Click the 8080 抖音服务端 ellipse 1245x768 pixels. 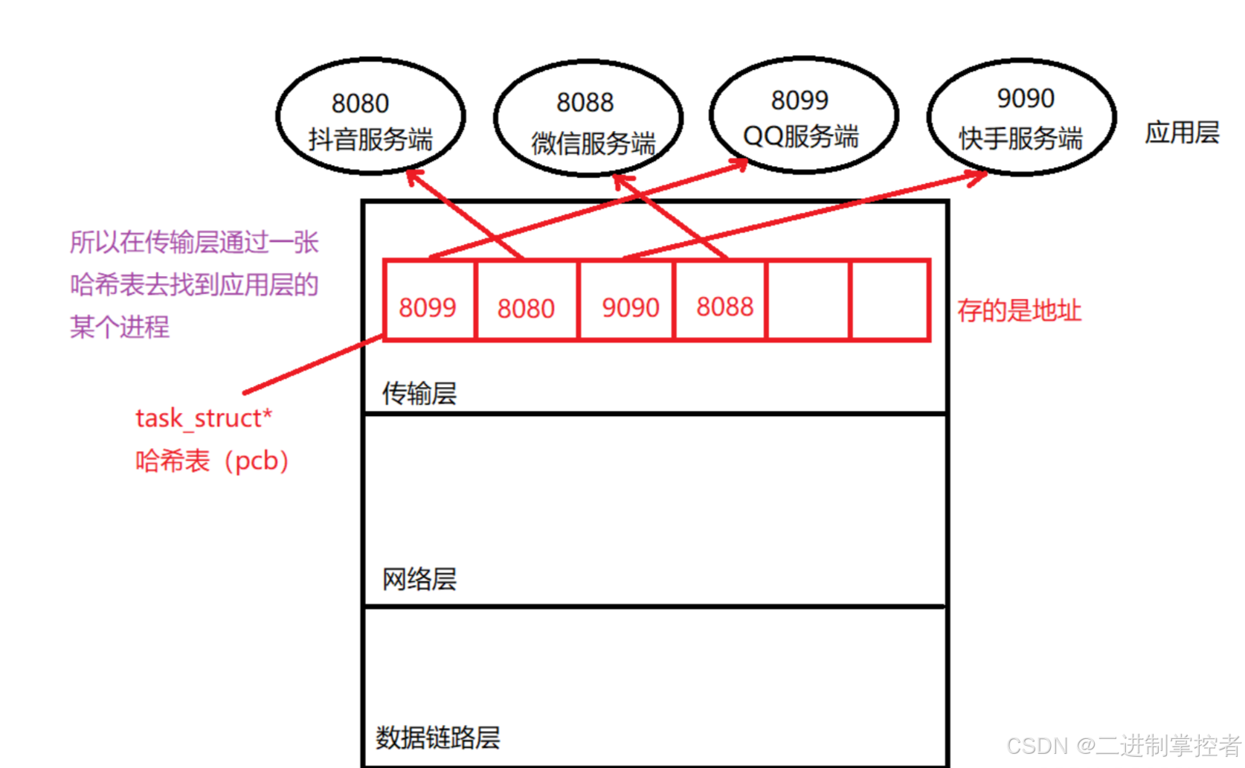[370, 117]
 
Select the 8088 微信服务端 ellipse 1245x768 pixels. [588, 118]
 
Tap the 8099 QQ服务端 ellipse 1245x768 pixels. [803, 115]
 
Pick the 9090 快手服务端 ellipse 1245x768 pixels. [1021, 117]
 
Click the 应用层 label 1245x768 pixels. [1182, 133]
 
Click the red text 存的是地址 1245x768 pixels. [1019, 310]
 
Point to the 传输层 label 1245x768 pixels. [419, 394]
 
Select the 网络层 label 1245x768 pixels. [419, 579]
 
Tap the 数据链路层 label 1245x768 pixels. [437, 737]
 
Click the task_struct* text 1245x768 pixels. [204, 418]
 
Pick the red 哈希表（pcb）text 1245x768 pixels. [212, 461]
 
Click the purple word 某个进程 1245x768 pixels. [120, 327]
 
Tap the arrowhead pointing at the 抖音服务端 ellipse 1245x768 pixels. [414, 176]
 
